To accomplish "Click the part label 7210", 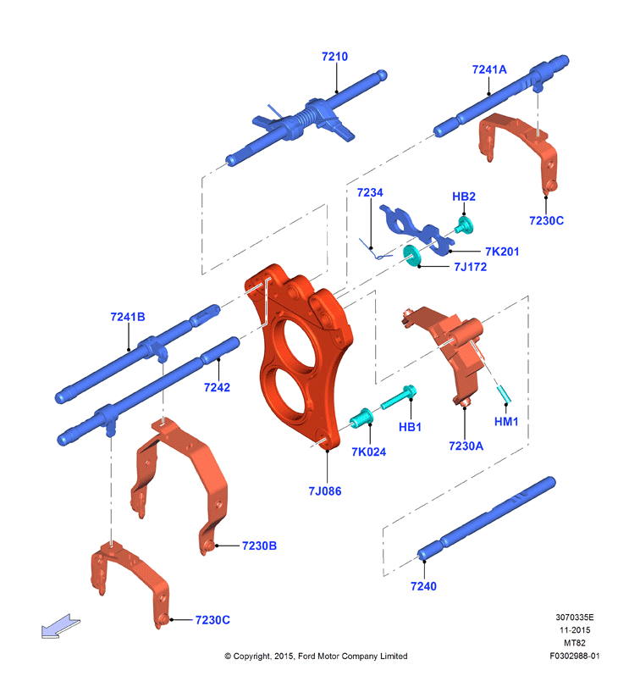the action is coord(334,57).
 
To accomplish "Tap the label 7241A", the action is coord(489,69).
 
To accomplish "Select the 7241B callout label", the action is coord(128,317).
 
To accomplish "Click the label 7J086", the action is coord(325,490).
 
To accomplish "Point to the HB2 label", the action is coord(464,197).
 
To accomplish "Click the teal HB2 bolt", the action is coord(464,224).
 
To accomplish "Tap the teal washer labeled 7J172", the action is coord(411,255).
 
